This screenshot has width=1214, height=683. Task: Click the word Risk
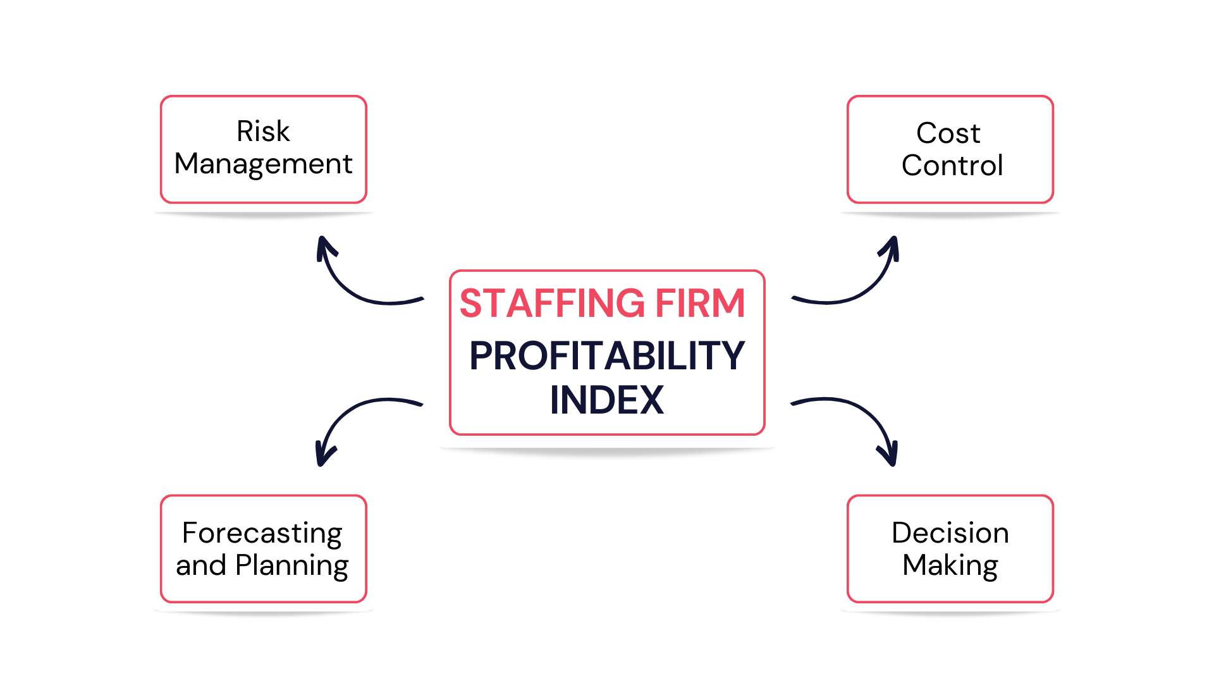click(x=263, y=132)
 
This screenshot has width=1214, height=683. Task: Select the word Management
click(x=263, y=164)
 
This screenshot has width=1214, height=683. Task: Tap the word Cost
click(x=948, y=133)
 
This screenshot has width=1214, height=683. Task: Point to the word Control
click(x=952, y=166)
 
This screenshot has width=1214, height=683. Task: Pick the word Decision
click(x=950, y=533)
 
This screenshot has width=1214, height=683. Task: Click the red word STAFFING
click(x=549, y=303)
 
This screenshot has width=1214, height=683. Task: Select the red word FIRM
click(x=700, y=303)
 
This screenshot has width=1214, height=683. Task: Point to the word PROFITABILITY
click(x=607, y=355)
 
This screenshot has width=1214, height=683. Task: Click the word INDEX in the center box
click(x=607, y=400)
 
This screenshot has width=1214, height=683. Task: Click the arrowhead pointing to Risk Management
click(x=325, y=247)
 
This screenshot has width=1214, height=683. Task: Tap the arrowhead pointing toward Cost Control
click(x=890, y=247)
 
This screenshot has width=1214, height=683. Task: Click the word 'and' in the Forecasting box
click(x=201, y=566)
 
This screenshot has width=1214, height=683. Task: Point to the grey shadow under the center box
click(x=607, y=451)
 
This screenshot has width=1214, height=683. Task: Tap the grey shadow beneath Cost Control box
click(x=950, y=215)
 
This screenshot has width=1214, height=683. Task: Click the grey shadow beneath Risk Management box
click(x=264, y=215)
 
